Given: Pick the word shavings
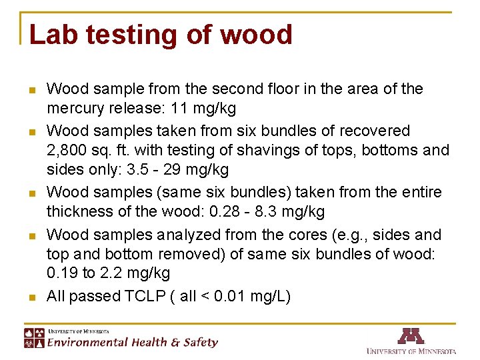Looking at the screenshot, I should (250, 150).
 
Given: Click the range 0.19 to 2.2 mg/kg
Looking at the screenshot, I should (108, 273).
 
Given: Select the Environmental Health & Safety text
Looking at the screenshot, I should (131, 343).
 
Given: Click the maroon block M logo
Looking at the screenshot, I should (411, 335).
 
